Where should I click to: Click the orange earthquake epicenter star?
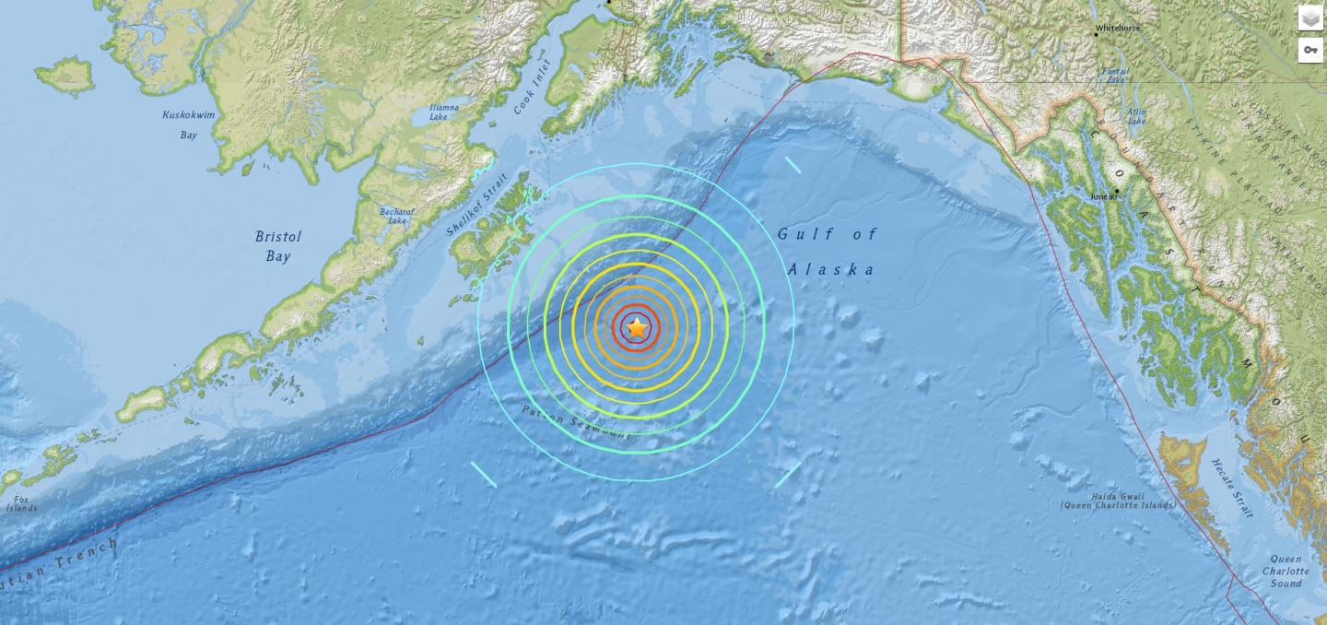(637, 326)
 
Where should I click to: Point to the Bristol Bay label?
(278, 246)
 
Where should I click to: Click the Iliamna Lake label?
(444, 112)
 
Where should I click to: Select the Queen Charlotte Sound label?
(1286, 571)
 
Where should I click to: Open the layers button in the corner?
(1310, 18)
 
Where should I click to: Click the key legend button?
(1310, 50)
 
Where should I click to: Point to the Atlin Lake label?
(1136, 116)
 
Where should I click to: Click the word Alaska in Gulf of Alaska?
(831, 269)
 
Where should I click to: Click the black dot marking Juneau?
(1115, 192)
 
